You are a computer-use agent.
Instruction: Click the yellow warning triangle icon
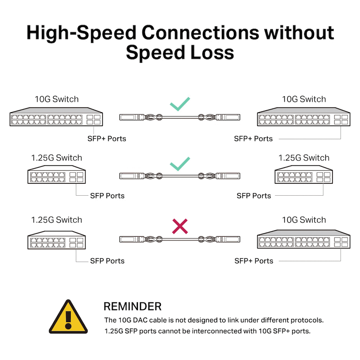coord(68,318)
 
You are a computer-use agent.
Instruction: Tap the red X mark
coord(180,227)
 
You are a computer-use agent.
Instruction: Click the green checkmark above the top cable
coord(180,104)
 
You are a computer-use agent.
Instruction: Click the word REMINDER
coord(133,307)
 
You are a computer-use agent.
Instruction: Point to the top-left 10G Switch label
coord(57,99)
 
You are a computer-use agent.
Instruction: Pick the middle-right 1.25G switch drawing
coord(304,174)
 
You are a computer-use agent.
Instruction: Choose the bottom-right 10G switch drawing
coord(304,239)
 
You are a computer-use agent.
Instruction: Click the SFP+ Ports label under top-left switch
coord(107,138)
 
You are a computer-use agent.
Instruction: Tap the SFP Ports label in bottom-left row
coord(107,261)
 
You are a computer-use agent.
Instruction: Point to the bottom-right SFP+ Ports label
coord(254,261)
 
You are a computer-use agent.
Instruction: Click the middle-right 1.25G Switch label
coord(304,158)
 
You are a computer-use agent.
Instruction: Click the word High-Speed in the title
coord(80,33)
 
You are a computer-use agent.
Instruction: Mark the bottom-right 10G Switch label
coord(304,220)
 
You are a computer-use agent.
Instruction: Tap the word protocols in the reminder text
coord(308,320)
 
